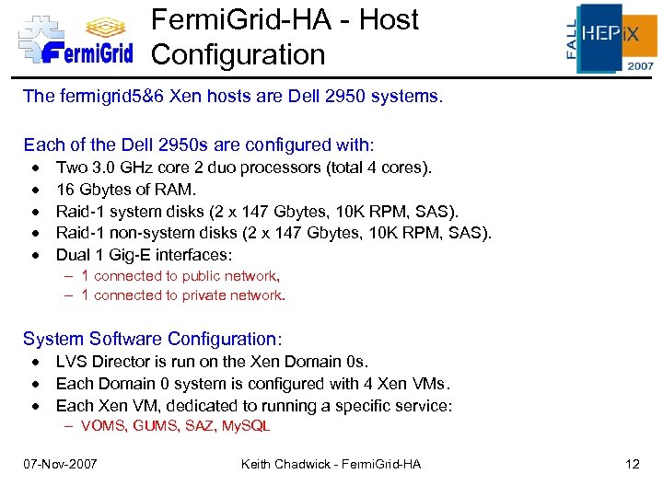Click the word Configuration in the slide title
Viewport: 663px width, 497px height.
pos(238,54)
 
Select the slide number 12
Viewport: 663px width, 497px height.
pos(632,464)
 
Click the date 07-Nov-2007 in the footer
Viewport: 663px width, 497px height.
pos(61,464)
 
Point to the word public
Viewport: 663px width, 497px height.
pos(203,276)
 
